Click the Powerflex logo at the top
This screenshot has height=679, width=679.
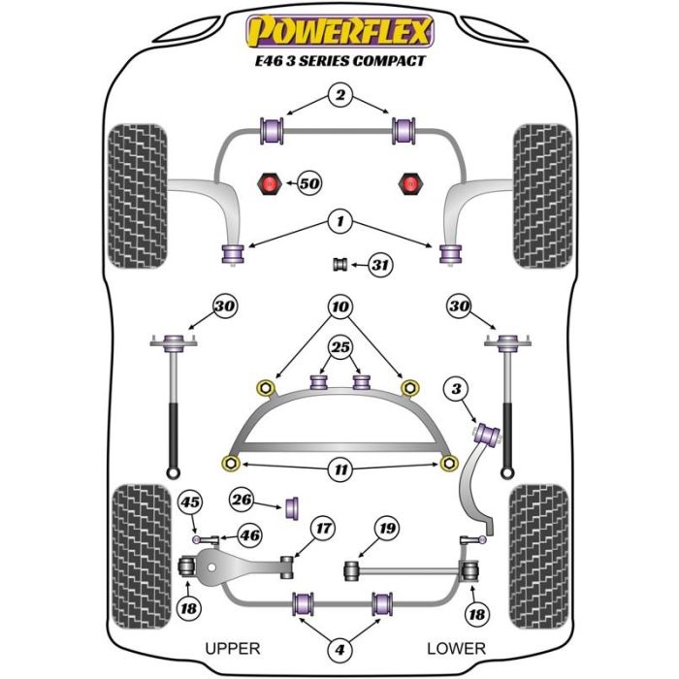(x=339, y=32)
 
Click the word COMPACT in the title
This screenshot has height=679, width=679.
(x=389, y=60)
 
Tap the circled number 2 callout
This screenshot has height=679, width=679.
(x=339, y=95)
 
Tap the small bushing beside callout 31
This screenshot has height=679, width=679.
(x=340, y=265)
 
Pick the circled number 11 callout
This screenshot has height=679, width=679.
(x=339, y=470)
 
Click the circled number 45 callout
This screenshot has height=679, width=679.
(x=191, y=501)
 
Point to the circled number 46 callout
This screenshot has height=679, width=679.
(x=249, y=534)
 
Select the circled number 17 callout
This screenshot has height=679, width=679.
(x=321, y=529)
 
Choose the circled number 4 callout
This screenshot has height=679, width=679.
(x=339, y=649)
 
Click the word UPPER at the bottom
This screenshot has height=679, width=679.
(x=234, y=648)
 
